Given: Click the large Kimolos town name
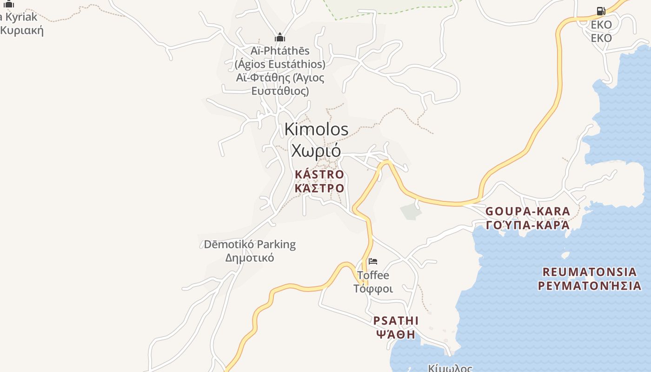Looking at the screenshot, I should click(x=316, y=129).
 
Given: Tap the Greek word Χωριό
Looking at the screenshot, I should click(x=316, y=151).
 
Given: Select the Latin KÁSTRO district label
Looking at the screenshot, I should click(x=319, y=175).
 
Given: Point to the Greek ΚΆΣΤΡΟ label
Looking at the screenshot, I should click(x=319, y=188).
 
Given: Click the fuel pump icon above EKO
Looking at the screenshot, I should click(x=601, y=11).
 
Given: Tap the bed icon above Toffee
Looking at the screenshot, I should click(x=373, y=261).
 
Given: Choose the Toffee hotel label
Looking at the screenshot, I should click(x=373, y=275).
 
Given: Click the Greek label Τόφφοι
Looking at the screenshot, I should click(x=373, y=289).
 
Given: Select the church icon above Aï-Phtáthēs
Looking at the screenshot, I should click(x=279, y=37).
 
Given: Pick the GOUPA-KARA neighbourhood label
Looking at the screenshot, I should click(x=528, y=212).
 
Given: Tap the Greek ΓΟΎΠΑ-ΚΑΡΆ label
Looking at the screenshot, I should click(x=528, y=226).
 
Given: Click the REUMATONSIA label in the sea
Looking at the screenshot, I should click(x=589, y=272).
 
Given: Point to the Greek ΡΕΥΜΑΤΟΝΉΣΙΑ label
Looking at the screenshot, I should click(x=589, y=286).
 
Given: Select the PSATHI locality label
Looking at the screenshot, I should click(x=396, y=321).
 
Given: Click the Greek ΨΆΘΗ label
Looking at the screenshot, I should click(x=396, y=334).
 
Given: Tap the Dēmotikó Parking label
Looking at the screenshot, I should click(x=250, y=245).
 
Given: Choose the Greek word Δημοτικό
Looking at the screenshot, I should click(x=250, y=258).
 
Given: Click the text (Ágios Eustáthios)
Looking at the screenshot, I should click(x=279, y=64).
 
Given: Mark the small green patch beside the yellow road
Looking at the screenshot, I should click(x=411, y=212).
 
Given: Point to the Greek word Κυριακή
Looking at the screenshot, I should click(x=22, y=31).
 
